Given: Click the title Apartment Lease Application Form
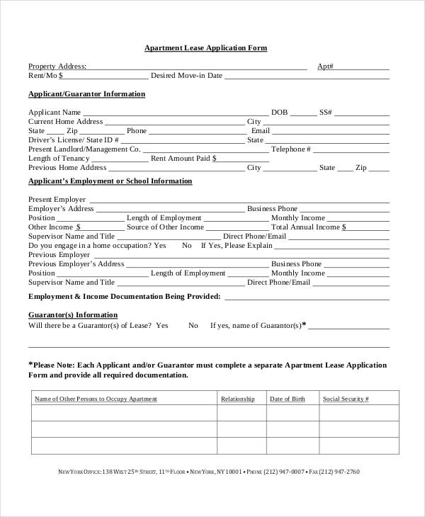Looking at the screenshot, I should click(205, 48).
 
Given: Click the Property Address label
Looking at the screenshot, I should click(57, 67).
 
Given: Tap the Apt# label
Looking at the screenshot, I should click(325, 67).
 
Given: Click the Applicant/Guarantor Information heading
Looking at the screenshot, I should click(86, 93).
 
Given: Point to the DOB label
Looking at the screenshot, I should click(279, 113).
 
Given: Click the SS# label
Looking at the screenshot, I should click(326, 113).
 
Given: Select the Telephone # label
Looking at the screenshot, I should click(291, 149).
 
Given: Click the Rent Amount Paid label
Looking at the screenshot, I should click(181, 159).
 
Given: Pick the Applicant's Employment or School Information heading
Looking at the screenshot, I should click(110, 181).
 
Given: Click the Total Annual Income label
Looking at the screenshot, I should click(309, 227).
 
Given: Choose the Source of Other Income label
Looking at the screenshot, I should click(165, 227).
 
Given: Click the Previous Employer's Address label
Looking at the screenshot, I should click(76, 264).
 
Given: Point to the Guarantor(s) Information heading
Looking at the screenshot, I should click(73, 314).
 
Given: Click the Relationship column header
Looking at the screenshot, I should click(237, 399).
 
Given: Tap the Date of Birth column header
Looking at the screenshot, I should click(288, 399).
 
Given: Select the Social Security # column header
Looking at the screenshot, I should click(345, 399).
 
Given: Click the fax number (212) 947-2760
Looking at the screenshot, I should click(339, 472).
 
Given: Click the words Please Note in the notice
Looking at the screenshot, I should click(53, 365).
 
